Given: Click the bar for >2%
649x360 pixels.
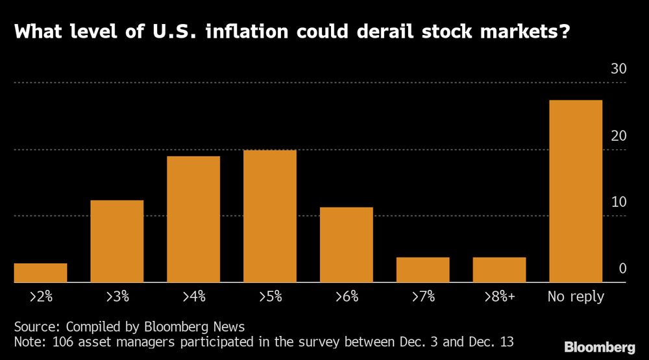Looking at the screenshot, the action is pos(40,272).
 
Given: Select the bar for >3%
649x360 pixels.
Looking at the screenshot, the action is pos(117,241).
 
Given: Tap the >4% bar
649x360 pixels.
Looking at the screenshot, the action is pos(193,219).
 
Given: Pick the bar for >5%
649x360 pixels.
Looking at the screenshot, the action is pos(270,216).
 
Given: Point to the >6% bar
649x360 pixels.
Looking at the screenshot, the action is pos(347,245).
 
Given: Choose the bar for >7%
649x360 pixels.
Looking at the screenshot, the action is pos(423,270).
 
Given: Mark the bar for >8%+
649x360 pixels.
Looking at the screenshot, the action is pos(499,270).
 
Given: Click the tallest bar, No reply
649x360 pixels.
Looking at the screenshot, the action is pos(576,191).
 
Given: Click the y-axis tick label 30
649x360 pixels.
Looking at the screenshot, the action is pos(618,69).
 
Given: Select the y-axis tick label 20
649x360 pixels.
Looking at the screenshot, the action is pos(618,136).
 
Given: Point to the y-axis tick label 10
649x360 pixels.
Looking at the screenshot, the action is pos(618,202).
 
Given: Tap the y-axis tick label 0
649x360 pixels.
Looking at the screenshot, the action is pos(622,269).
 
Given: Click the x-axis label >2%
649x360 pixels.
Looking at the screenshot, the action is pos(41,296).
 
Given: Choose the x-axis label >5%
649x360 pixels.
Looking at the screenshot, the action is pos(270,296).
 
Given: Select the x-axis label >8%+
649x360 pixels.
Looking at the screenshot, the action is pos(500,296).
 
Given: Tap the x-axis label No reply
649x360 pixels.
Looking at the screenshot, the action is pos(576,296).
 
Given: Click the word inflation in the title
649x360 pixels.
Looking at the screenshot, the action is pos(247,31).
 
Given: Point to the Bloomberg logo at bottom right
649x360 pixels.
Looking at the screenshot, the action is pos(600,347).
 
